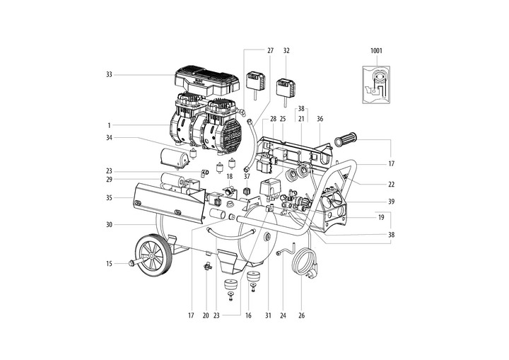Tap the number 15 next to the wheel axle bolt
click(110, 264)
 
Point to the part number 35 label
click(110, 199)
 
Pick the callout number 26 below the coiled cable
click(303, 316)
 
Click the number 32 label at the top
click(286, 51)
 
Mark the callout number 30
click(110, 226)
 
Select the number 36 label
click(320, 119)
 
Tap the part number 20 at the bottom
click(206, 316)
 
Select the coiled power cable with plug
click(305, 264)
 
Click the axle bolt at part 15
click(131, 264)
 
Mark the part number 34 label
click(110, 137)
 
